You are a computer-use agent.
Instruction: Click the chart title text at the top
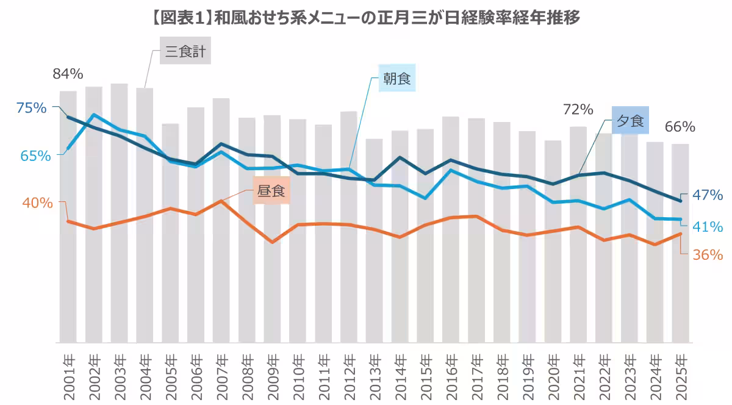366,17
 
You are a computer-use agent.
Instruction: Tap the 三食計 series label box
185,53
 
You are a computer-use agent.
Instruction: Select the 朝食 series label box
396,79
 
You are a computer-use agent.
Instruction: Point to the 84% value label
68,74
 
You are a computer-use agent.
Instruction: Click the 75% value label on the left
32,108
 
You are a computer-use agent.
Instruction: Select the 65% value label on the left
35,156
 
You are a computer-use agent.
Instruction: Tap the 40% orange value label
38,202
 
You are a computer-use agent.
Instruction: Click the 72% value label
578,110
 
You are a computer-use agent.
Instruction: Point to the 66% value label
680,127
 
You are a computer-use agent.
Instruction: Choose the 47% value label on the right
708,195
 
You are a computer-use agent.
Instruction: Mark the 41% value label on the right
708,227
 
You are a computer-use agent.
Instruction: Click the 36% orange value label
708,255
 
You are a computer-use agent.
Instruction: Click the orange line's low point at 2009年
272,242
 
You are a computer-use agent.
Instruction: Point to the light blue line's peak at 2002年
93,115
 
